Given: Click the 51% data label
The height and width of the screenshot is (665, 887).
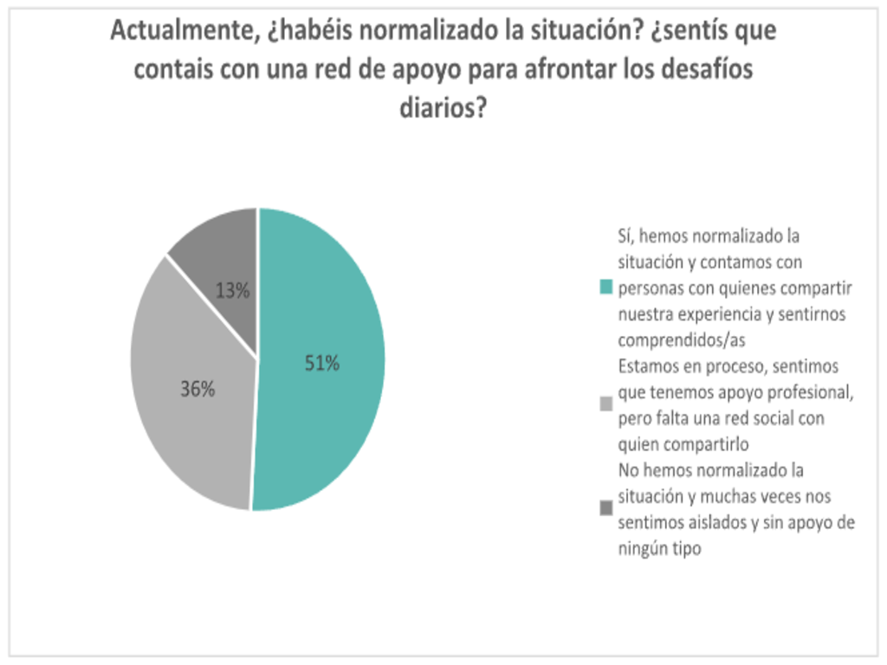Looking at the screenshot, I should click(321, 364).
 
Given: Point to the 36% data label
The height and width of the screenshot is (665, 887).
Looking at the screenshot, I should click(197, 390).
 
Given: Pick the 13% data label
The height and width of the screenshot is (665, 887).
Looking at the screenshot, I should click(232, 291).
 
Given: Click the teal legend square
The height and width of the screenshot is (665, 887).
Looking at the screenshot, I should click(605, 287).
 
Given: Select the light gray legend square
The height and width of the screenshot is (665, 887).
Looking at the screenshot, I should click(605, 404).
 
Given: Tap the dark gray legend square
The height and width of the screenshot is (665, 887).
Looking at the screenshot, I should click(605, 509).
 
